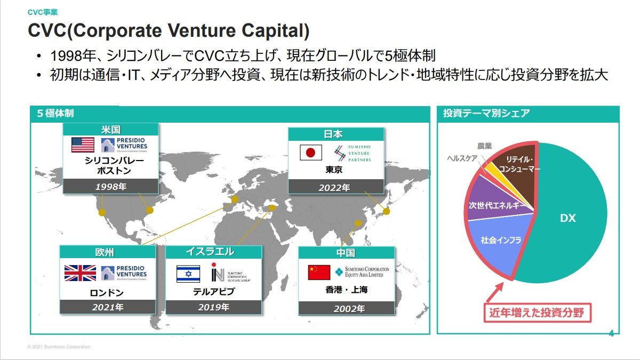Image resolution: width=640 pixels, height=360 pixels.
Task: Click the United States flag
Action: (x=83, y=145)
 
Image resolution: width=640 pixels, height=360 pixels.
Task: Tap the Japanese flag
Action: (x=311, y=153)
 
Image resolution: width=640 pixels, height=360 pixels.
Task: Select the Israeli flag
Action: (x=188, y=274)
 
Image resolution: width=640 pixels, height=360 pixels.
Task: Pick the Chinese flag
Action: (x=319, y=272)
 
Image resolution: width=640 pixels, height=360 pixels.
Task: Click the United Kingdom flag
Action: (x=80, y=273)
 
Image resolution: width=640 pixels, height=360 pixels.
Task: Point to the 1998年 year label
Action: (x=111, y=187)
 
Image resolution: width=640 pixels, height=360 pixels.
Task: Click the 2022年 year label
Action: (x=335, y=187)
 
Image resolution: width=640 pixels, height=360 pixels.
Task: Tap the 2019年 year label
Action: (x=213, y=307)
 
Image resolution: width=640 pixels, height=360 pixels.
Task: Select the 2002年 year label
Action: (x=349, y=308)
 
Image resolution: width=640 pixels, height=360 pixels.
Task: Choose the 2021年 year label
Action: (x=107, y=307)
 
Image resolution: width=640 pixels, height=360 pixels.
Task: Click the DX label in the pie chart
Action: (x=567, y=218)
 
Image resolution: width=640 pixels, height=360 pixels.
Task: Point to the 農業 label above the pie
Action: (x=485, y=146)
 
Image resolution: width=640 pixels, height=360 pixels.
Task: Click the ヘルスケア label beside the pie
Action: (x=462, y=158)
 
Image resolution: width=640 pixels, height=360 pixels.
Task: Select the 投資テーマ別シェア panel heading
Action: (x=486, y=113)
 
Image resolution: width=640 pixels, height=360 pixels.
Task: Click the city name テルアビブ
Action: (x=213, y=292)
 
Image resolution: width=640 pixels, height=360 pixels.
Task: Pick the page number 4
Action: (x=611, y=334)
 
